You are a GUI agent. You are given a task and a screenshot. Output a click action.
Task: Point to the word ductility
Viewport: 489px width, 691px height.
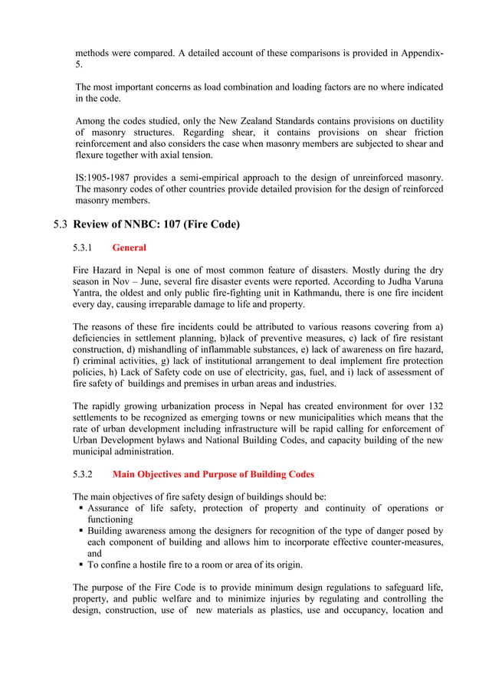pos(424,121)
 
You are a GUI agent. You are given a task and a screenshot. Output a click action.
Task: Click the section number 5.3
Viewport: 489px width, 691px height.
pos(61,224)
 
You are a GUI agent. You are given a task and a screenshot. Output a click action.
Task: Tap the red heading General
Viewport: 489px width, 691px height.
pos(129,247)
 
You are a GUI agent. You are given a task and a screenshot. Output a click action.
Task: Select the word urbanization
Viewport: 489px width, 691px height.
pos(177,405)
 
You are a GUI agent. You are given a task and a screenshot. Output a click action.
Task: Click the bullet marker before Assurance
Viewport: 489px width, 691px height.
pos(80,508)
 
